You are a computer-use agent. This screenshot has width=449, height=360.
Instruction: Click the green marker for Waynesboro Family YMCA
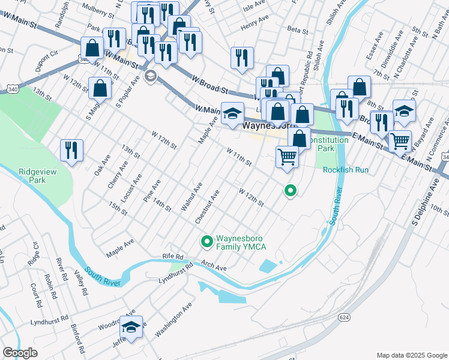pos(207,242)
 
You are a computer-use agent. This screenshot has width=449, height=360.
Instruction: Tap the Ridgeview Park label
pos(32,175)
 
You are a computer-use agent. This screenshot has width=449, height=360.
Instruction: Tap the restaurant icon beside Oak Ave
pos(71,151)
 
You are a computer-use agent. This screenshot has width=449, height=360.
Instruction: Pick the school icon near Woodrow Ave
pos(131,327)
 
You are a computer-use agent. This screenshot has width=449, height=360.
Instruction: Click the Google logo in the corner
pos(20,353)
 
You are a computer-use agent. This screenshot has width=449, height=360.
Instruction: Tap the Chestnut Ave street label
pos(207,208)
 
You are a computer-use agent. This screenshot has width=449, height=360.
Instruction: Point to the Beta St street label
pos(297,29)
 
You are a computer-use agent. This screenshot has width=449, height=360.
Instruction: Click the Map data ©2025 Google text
pos(411,355)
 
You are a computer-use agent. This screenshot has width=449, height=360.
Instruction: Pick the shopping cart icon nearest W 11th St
pos(288,157)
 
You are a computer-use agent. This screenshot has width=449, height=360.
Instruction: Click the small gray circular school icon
pos(149,76)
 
